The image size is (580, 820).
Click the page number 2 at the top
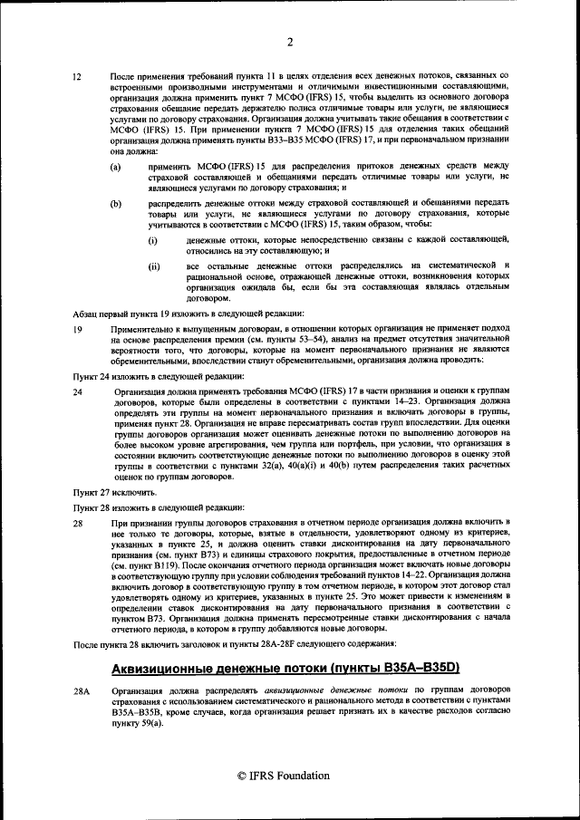point(290,42)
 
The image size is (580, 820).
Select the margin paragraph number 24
point(78,391)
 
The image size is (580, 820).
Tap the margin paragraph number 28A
point(82,690)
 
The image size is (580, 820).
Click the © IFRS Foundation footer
point(290,776)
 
